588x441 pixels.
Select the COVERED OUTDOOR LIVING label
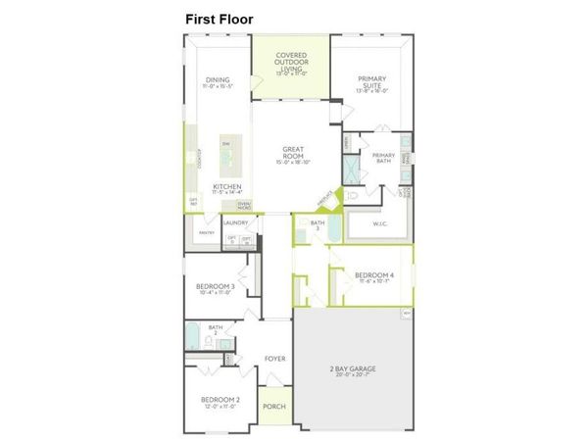291,62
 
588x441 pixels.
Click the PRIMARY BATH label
383,158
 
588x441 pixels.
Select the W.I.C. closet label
382,223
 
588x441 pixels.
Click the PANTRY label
206,233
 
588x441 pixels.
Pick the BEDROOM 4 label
373,275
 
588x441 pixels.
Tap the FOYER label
275,359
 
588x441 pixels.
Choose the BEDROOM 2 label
221,399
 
